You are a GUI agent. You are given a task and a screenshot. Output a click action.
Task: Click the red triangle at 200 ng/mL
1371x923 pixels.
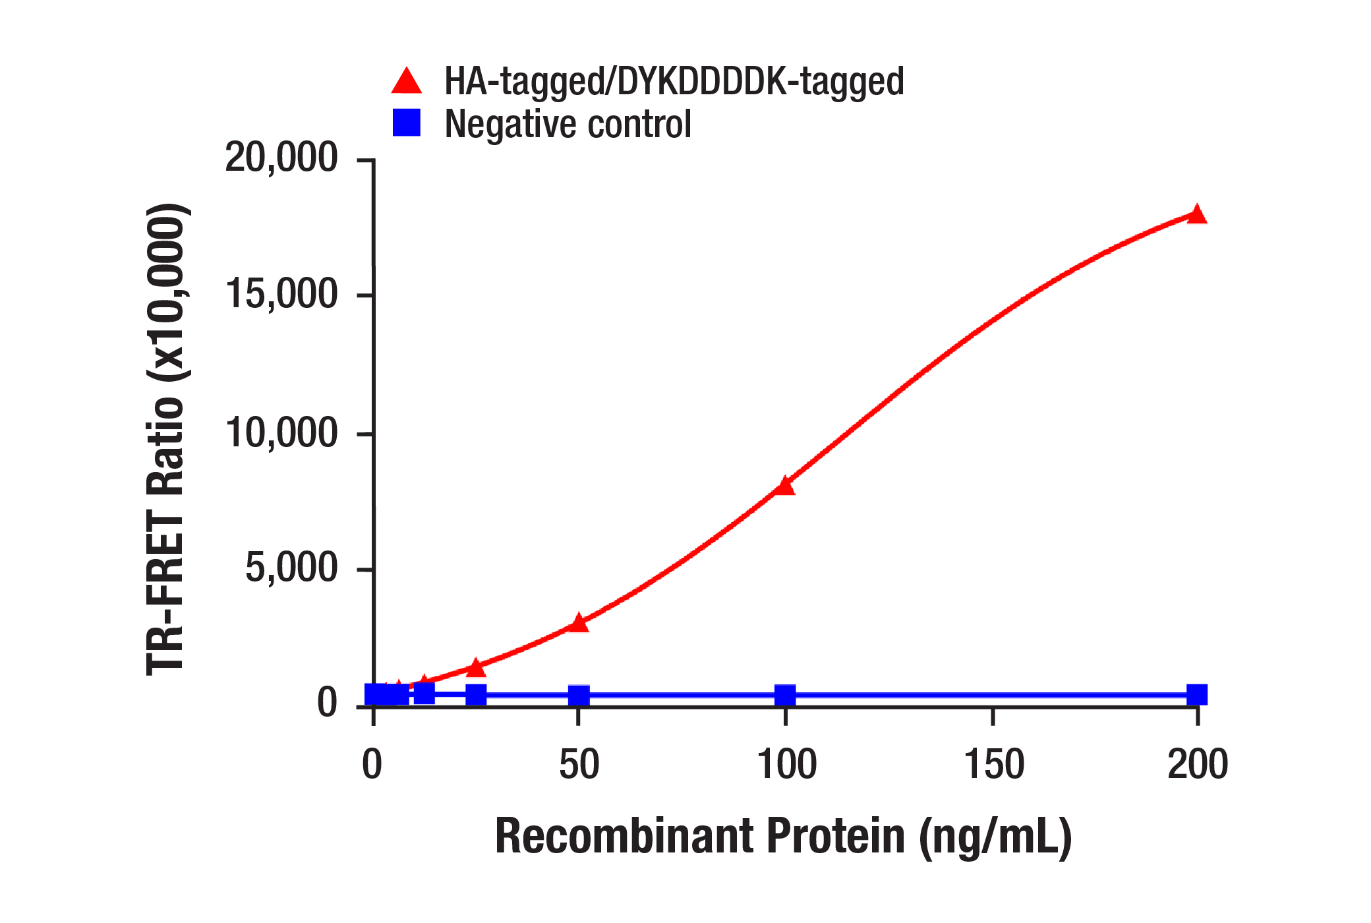[1196, 215]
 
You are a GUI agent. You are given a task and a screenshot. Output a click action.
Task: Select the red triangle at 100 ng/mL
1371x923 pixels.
[784, 486]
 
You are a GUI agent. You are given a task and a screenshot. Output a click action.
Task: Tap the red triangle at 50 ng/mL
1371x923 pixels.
[578, 622]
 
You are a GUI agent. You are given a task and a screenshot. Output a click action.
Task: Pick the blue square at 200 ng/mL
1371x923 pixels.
[1196, 694]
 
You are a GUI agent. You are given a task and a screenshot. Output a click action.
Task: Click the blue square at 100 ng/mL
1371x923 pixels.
[784, 694]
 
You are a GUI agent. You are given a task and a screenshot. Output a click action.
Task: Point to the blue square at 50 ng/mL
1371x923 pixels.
[578, 695]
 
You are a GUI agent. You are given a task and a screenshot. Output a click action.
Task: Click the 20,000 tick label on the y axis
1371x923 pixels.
[281, 158]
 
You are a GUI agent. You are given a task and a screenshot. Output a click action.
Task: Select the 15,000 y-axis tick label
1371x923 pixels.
[281, 294]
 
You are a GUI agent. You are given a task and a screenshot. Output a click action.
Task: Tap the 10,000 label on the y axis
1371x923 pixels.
[281, 433]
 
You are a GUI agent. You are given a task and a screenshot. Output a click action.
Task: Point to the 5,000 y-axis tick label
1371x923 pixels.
[291, 568]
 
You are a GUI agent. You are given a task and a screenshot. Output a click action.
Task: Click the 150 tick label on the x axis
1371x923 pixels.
[993, 765]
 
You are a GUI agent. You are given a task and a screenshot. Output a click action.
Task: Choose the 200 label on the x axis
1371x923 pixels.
[1197, 765]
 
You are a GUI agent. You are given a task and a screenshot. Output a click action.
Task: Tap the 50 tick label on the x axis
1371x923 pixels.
[579, 765]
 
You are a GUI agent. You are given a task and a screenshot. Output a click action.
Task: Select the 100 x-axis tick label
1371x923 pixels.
[786, 765]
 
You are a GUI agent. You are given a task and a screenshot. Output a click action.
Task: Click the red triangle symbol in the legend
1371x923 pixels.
[407, 82]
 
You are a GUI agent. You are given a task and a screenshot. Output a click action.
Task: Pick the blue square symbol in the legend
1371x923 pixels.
[407, 123]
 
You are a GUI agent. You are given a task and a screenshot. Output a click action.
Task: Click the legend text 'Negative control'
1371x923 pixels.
[568, 124]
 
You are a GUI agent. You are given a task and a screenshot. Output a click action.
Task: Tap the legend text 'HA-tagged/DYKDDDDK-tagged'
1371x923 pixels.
[674, 82]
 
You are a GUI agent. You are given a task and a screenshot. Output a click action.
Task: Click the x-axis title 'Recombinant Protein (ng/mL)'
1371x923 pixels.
[783, 836]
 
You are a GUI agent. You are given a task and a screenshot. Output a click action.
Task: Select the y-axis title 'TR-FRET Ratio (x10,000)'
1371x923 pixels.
[165, 439]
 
